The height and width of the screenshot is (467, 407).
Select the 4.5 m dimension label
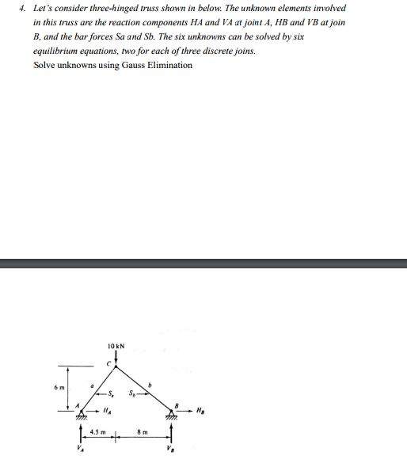coord(98,432)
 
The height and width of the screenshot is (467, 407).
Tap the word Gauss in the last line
coord(127,65)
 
